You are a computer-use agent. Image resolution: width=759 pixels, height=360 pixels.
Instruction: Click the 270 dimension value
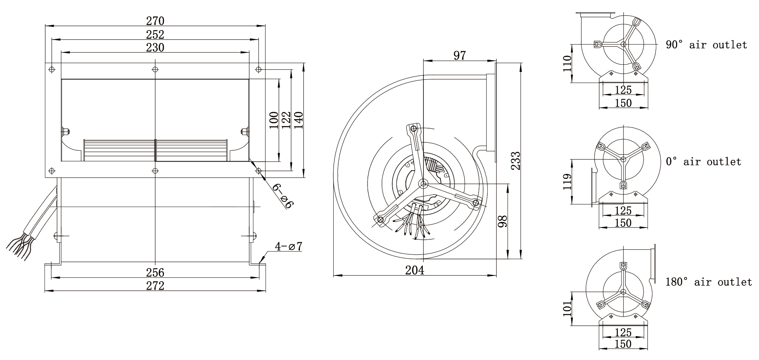[155, 21]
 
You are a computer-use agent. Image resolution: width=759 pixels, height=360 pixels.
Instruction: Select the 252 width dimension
[155, 34]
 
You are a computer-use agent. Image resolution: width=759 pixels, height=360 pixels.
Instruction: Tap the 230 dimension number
[155, 48]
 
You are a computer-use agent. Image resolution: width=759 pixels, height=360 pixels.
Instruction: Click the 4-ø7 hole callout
[289, 247]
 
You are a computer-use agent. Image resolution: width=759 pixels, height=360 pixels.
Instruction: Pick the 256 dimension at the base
[155, 272]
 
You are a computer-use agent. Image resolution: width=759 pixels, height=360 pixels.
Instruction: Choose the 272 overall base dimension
[155, 286]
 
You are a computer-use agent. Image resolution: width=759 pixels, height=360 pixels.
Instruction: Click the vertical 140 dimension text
[298, 120]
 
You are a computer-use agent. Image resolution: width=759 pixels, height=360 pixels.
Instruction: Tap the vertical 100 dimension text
[274, 120]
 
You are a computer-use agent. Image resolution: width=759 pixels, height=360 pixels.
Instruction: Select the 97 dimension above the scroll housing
[460, 56]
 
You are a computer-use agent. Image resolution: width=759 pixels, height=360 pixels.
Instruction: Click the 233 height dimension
[515, 161]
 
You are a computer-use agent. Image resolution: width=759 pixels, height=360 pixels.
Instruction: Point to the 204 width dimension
[414, 270]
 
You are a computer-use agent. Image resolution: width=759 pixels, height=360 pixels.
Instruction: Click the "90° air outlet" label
[706, 45]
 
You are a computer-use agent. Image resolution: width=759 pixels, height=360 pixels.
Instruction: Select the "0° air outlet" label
[703, 162]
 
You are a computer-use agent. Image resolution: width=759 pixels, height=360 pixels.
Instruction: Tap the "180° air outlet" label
[709, 282]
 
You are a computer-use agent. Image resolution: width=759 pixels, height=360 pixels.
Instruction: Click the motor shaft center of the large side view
[423, 184]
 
